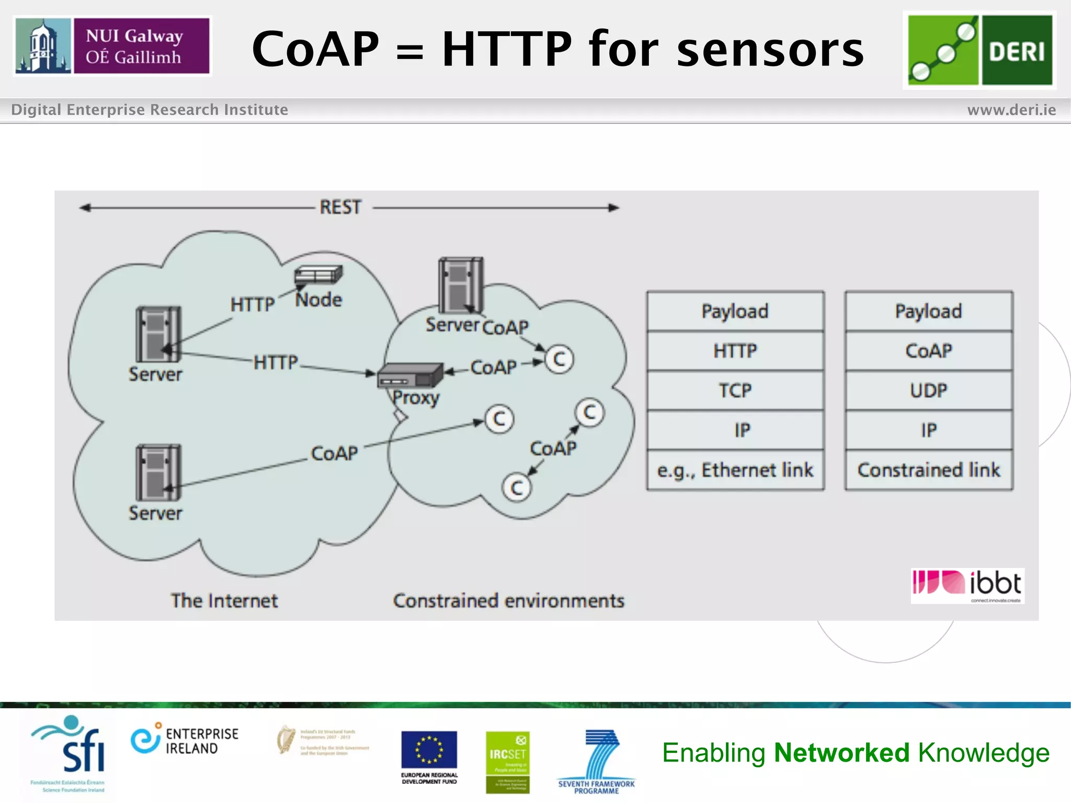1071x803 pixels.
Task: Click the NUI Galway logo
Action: pyautogui.click(x=112, y=46)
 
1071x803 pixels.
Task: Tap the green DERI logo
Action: pyautogui.click(x=979, y=50)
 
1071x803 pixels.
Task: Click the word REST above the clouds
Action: pyautogui.click(x=340, y=208)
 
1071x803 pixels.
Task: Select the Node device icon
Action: pyautogui.click(x=318, y=274)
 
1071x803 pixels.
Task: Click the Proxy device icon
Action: pyautogui.click(x=409, y=374)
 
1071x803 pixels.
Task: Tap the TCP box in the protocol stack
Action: pyautogui.click(x=735, y=391)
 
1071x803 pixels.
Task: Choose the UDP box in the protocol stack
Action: pyautogui.click(x=929, y=391)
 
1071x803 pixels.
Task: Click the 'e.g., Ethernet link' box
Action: pyautogui.click(x=735, y=470)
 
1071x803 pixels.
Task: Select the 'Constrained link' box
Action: pyautogui.click(x=929, y=470)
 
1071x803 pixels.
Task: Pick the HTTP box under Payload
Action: pyautogui.click(x=735, y=351)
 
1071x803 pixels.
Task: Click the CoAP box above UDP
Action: pyautogui.click(x=929, y=351)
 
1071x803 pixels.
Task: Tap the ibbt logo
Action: pyautogui.click(x=967, y=586)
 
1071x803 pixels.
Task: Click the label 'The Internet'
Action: pyautogui.click(x=224, y=601)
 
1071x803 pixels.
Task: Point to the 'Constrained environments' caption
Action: pyautogui.click(x=508, y=601)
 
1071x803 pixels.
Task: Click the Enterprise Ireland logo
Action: pyautogui.click(x=185, y=740)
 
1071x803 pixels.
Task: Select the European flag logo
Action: pyautogui.click(x=429, y=750)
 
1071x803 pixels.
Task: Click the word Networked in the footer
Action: pyautogui.click(x=841, y=753)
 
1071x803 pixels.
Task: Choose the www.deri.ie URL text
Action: pyautogui.click(x=1011, y=110)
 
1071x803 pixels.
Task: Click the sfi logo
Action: pyautogui.click(x=69, y=748)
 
